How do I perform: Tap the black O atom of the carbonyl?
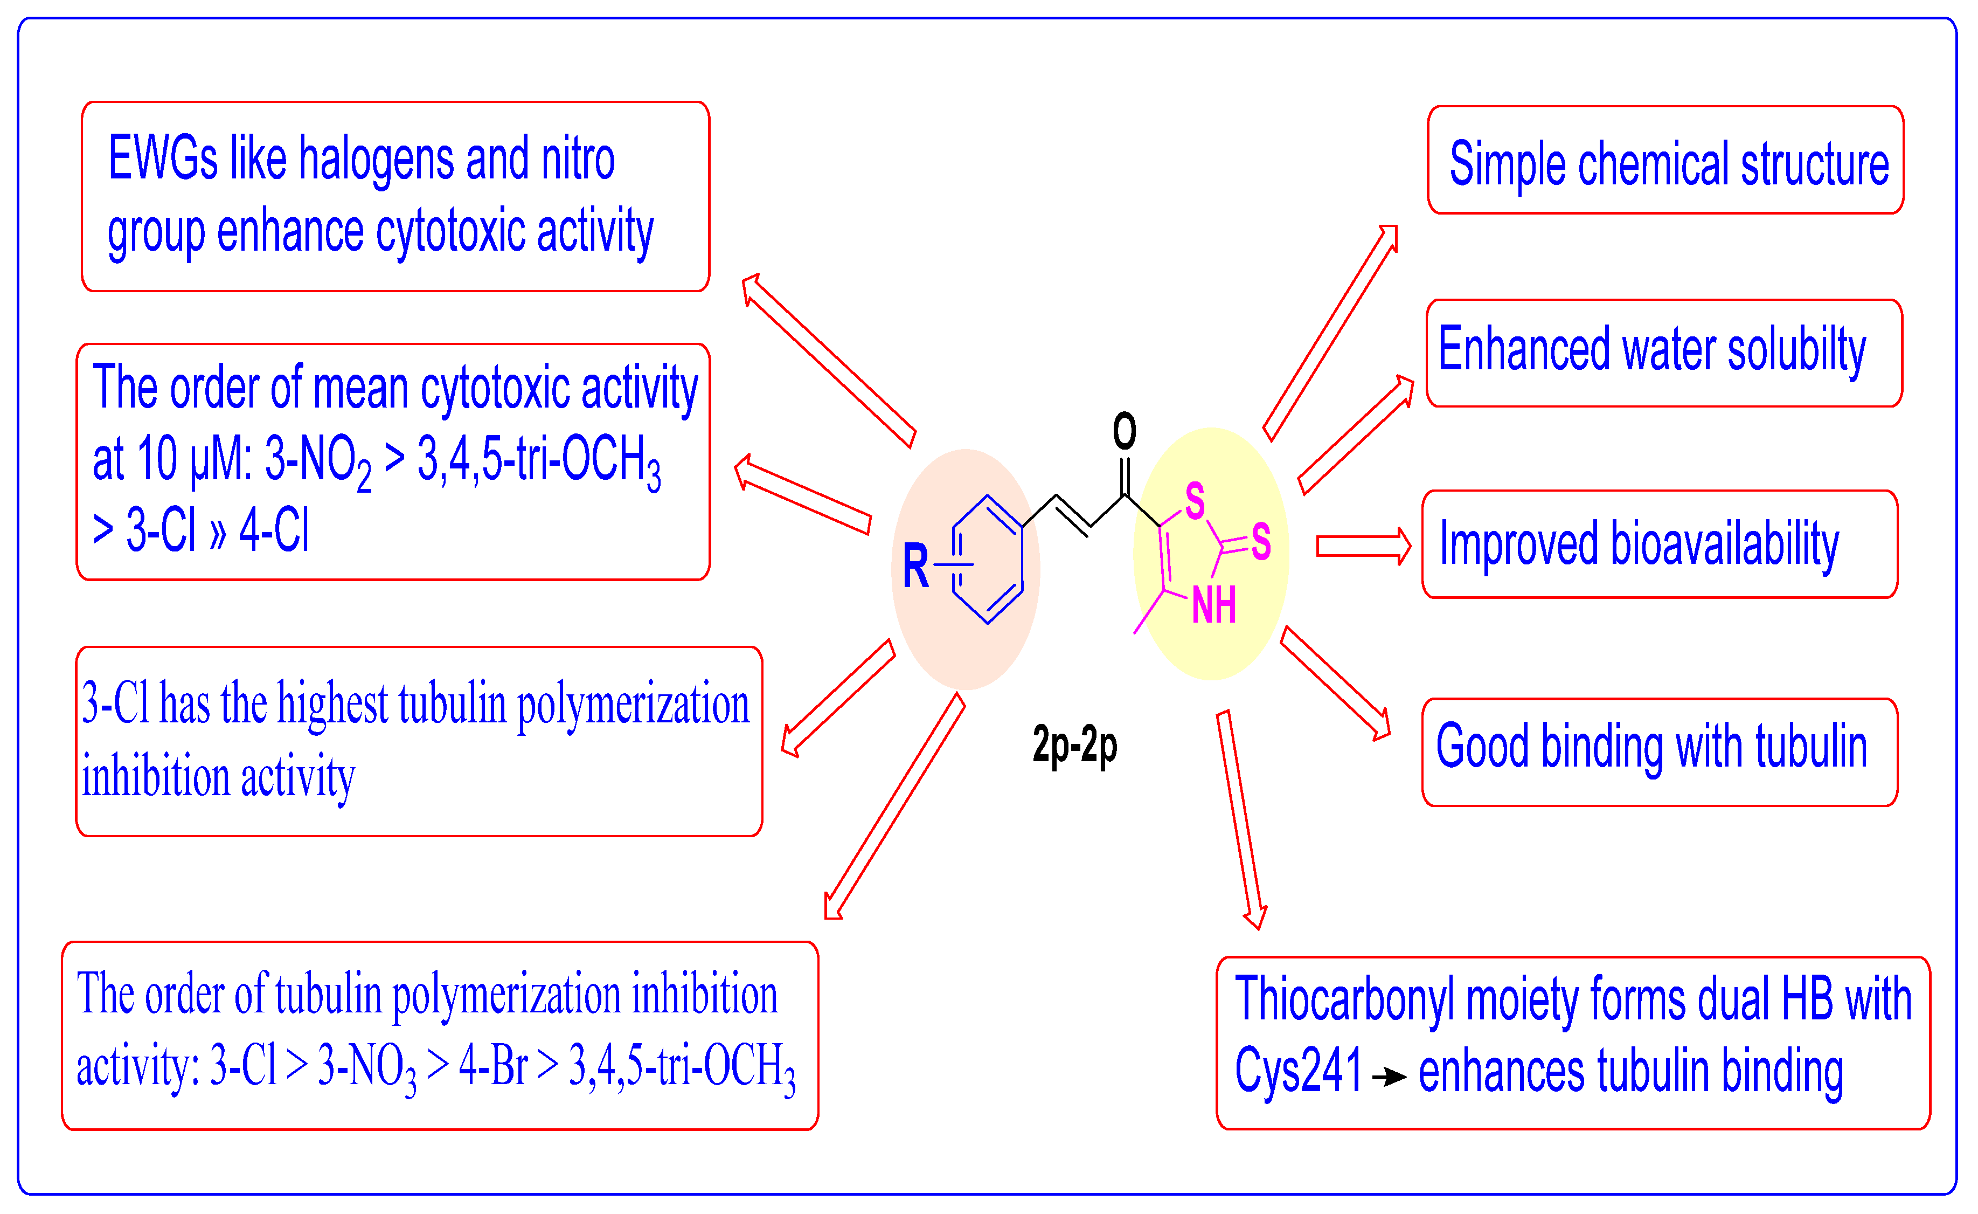click(x=1124, y=431)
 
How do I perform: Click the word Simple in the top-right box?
click(x=1507, y=164)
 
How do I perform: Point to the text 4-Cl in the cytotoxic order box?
click(x=274, y=531)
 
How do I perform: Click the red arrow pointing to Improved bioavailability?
click(x=1363, y=547)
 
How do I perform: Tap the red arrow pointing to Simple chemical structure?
click(x=1331, y=333)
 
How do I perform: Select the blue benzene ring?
click(x=988, y=560)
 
